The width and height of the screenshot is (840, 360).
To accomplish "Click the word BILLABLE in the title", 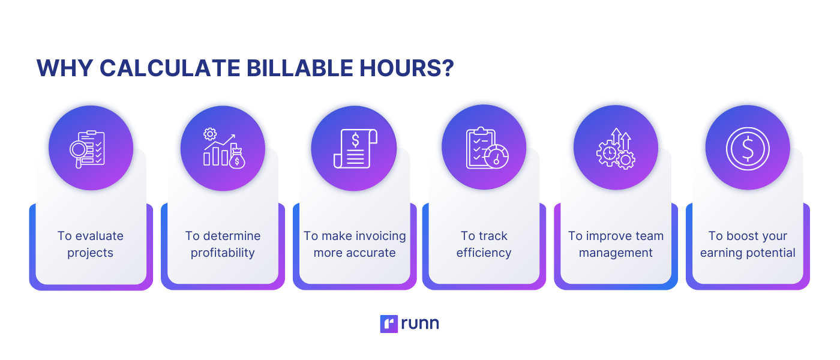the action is coord(299,68).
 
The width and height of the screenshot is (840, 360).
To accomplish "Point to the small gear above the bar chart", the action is coord(210,134).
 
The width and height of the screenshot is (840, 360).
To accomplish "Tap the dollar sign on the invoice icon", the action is coord(355,140).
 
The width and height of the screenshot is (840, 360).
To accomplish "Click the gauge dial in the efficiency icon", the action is coord(497,157).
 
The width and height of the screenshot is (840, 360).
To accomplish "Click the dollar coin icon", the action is coord(748,149).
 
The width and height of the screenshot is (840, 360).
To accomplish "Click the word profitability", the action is coord(223,253).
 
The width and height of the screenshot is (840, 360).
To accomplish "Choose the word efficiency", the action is coord(484,253).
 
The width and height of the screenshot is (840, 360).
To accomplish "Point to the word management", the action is coord(616,253).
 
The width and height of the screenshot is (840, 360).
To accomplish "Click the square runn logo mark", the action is coord(389,323).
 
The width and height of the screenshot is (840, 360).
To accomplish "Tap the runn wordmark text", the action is coord(420,323).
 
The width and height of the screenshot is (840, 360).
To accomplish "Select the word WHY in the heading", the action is coord(65,68).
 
